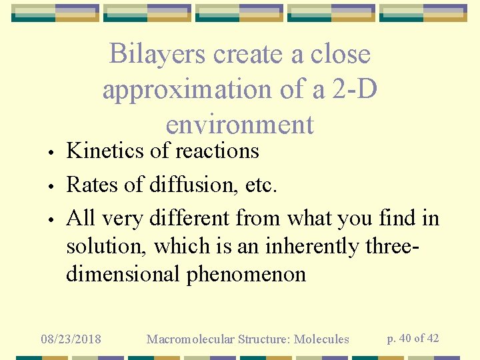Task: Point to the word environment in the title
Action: [239, 124]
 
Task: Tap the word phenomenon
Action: [246, 274]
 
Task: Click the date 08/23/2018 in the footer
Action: [71, 339]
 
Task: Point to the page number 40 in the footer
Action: [405, 338]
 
